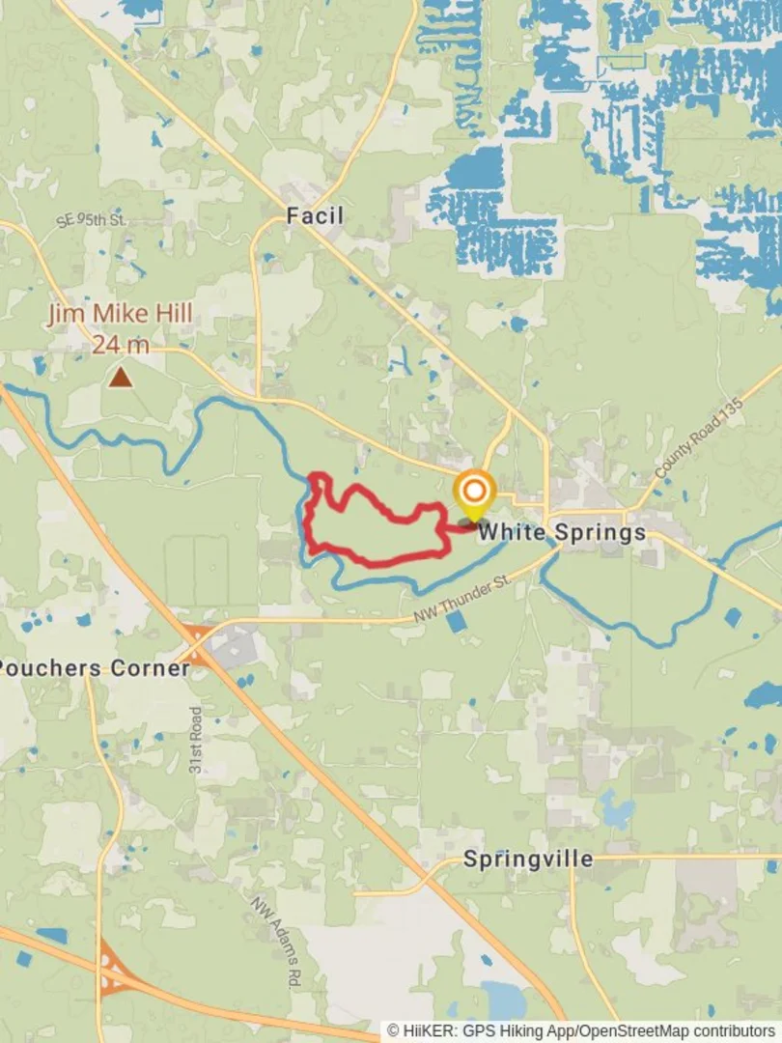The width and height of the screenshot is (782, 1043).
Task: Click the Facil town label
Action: pos(315,215)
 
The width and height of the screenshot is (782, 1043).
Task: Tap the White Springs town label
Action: pos(562,531)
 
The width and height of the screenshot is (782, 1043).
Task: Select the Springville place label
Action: pos(528,859)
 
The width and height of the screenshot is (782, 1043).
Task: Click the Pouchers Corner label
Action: pos(94,668)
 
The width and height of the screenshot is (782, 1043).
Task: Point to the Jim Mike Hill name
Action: pos(121,314)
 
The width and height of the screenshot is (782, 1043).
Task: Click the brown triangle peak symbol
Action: pos(121,376)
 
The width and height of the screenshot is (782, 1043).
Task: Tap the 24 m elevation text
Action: pos(121,344)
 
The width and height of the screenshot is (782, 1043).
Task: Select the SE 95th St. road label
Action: pos(92,219)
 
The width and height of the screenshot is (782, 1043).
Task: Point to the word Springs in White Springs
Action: pos(599,531)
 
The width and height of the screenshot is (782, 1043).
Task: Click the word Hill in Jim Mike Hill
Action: pos(175,314)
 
